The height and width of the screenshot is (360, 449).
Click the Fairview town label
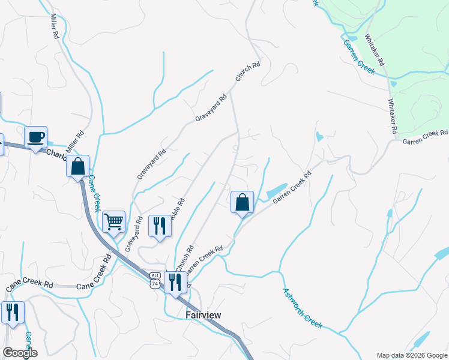pyautogui.click(x=203, y=315)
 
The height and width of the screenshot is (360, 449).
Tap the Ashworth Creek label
pyautogui.click(x=302, y=308)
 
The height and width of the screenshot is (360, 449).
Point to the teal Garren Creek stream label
pyautogui.click(x=359, y=57)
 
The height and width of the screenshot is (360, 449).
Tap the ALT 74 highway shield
pyautogui.click(x=155, y=280)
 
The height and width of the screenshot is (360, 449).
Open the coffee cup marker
pyautogui.click(x=36, y=137)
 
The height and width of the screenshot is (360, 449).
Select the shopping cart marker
pyautogui.click(x=113, y=221)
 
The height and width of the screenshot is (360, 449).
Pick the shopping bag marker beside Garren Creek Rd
pyautogui.click(x=242, y=202)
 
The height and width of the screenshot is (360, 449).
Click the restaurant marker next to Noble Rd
pyautogui.click(x=159, y=226)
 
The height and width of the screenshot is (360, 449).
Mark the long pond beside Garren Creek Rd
pyautogui.click(x=276, y=190)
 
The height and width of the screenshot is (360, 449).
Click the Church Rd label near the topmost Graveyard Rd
pyautogui.click(x=247, y=72)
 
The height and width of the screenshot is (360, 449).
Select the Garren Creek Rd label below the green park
pyautogui.click(x=425, y=137)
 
